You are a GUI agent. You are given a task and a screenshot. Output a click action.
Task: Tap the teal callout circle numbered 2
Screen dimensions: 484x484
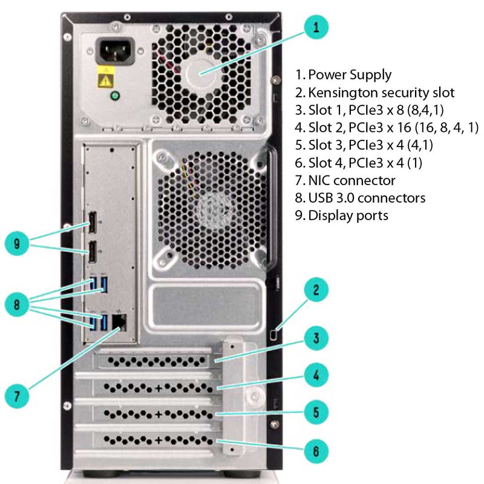pyautogui.click(x=315, y=290)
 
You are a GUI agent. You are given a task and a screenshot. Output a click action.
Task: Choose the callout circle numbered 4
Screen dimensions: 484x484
pyautogui.click(x=315, y=376)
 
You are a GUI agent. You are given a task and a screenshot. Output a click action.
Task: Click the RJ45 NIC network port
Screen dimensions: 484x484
pyautogui.click(x=119, y=322)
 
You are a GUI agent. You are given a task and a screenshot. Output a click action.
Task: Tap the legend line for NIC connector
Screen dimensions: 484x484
pyautogui.click(x=352, y=180)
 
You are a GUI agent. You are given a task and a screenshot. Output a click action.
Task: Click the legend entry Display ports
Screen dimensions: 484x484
pyautogui.click(x=348, y=215)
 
